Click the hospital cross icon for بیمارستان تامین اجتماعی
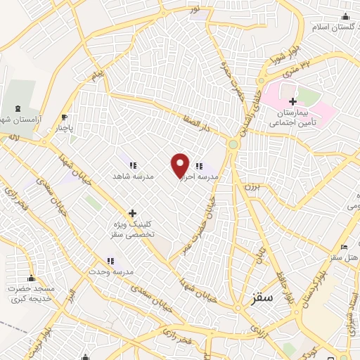click(292, 102)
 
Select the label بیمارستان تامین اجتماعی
click(292, 117)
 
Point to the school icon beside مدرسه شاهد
click(132, 165)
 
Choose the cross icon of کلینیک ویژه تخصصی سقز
click(132, 213)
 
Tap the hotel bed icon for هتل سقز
click(343, 247)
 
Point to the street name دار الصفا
click(195, 125)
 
